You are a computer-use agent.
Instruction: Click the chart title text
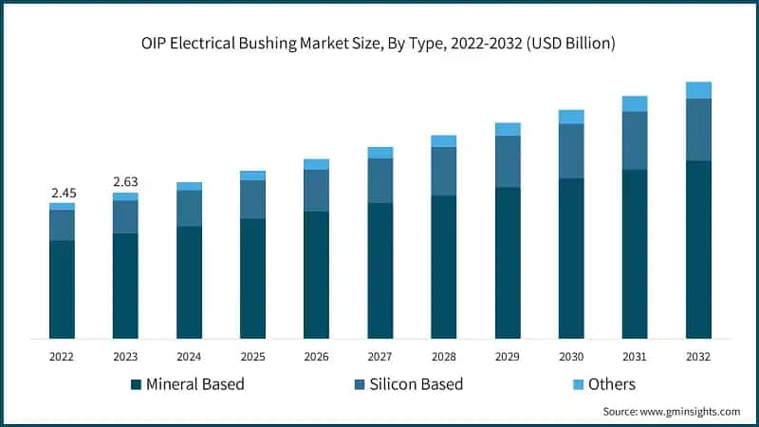379,42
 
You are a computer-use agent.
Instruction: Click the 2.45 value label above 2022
62,193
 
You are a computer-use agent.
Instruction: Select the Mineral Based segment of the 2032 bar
698,250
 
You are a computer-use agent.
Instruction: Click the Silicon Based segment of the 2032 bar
698,130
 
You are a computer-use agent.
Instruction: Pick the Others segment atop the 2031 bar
635,103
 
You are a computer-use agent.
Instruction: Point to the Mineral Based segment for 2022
62,289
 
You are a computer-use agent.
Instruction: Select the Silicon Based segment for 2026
316,191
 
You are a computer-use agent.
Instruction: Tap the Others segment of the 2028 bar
443,141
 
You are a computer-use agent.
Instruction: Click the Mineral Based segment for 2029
508,263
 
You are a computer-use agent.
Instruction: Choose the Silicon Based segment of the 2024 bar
189,209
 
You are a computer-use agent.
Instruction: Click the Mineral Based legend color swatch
136,384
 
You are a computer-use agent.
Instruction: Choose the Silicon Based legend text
417,384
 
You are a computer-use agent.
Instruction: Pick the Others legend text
611,384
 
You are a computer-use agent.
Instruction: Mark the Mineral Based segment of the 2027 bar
379,270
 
